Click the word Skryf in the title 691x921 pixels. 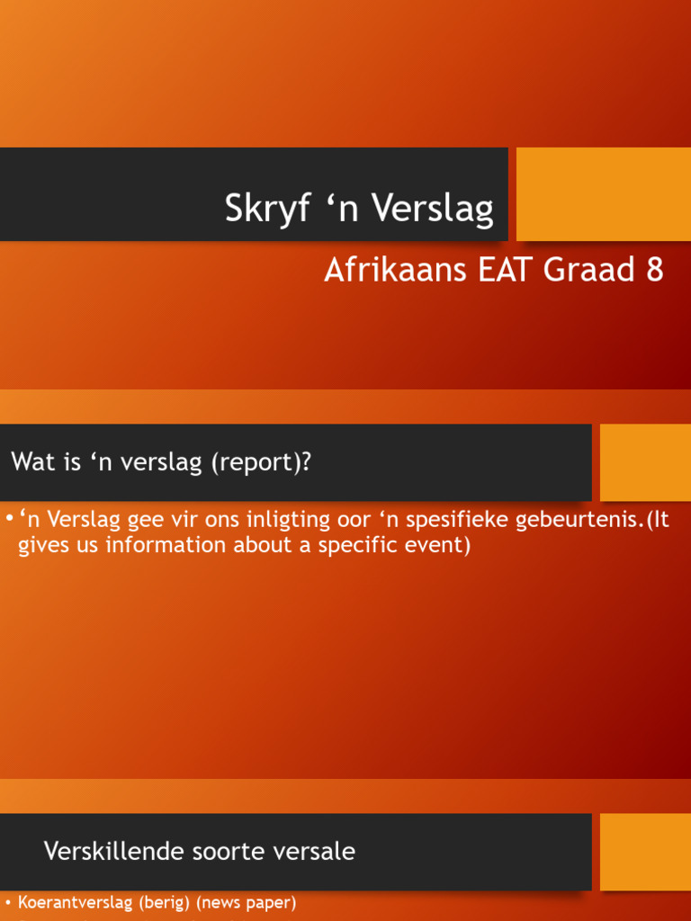pyautogui.click(x=267, y=209)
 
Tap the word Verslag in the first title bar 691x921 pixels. pyautogui.click(x=432, y=209)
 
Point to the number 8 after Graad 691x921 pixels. pyautogui.click(x=655, y=270)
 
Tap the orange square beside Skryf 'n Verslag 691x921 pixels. pyautogui.click(x=604, y=194)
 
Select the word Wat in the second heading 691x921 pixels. pyautogui.click(x=34, y=461)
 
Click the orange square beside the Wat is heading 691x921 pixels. pyautogui.click(x=645, y=462)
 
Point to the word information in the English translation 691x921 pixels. pyautogui.click(x=166, y=545)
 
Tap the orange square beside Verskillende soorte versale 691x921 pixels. pyautogui.click(x=645, y=852)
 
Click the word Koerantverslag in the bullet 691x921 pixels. pyautogui.click(x=76, y=903)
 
